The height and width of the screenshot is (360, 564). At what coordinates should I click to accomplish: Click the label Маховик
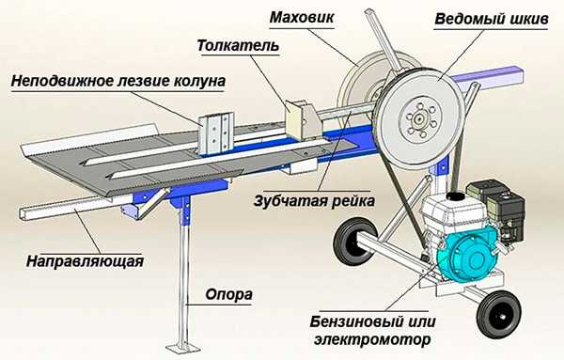point(302,17)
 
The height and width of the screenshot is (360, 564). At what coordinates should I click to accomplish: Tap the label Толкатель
point(238,46)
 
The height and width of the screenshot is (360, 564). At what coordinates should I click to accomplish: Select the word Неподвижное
point(63,81)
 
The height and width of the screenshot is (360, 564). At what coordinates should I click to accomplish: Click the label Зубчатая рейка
point(314,201)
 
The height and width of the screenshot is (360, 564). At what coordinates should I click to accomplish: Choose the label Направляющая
point(85,261)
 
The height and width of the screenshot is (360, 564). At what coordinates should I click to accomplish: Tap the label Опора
point(228,294)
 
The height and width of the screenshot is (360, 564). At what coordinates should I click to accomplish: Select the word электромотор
point(372,339)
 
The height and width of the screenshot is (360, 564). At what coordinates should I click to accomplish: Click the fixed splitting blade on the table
point(215,133)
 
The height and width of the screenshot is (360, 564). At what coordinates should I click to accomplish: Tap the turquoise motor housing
point(467,255)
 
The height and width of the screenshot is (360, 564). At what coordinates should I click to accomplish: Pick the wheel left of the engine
point(353,242)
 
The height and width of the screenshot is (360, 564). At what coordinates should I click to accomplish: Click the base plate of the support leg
point(183,349)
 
